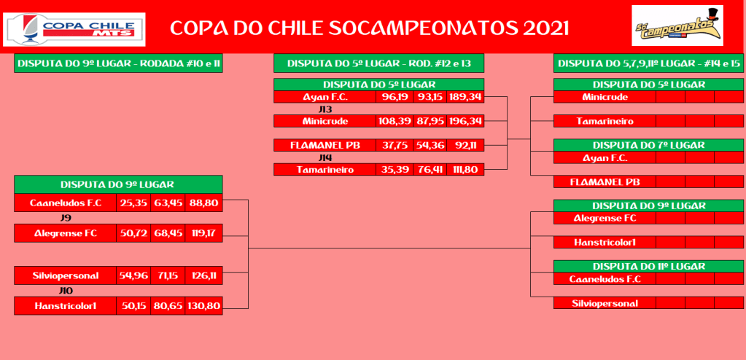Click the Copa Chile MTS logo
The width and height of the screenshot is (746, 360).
[74, 29]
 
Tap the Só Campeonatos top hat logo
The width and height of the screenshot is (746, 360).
[677, 26]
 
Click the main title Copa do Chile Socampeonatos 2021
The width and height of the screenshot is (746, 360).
[369, 28]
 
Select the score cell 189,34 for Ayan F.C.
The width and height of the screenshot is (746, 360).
[465, 97]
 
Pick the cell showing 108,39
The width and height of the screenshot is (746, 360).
[395, 121]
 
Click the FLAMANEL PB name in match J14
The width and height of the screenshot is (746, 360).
[325, 145]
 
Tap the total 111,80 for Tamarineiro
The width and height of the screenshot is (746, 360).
[465, 169]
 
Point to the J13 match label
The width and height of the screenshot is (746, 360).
[325, 109]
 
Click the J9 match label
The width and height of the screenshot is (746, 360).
[66, 218]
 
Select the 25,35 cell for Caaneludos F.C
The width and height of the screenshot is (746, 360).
[133, 203]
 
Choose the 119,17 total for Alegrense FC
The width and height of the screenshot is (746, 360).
[203, 233]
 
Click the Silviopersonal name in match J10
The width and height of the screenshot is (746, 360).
[65, 275]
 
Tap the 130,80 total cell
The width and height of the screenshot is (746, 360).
[203, 306]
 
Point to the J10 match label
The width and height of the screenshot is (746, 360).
[66, 291]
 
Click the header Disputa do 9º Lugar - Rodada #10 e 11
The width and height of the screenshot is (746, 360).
[118, 63]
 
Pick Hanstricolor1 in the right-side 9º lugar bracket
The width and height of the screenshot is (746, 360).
[605, 242]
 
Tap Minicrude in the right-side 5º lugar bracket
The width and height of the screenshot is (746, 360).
[605, 97]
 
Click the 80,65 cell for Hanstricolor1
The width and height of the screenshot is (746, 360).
[168, 306]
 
